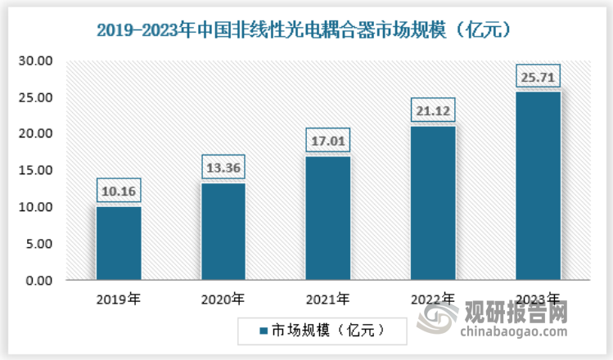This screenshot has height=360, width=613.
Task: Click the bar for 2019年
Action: [x=118, y=243]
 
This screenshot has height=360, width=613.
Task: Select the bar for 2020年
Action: [x=223, y=232]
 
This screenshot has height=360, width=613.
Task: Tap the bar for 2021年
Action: [x=327, y=218]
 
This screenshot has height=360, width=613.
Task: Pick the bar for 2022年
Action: [x=432, y=203]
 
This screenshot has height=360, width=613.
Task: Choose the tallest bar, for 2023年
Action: [x=537, y=186]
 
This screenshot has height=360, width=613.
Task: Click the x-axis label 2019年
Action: [x=119, y=299]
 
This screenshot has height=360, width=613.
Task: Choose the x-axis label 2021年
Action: [x=327, y=299]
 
